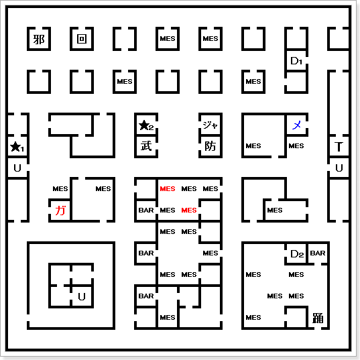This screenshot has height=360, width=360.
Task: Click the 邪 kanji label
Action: click(39, 40)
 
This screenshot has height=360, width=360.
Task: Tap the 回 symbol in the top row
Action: click(82, 39)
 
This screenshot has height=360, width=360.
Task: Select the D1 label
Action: click(296, 61)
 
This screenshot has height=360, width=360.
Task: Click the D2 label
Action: click(297, 253)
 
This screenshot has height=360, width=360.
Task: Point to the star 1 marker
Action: click(17, 147)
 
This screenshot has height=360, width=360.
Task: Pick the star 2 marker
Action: click(146, 125)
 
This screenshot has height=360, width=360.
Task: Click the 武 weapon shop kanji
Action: click(146, 146)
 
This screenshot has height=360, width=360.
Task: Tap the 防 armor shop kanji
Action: click(211, 146)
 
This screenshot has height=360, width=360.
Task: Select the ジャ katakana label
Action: click(210, 125)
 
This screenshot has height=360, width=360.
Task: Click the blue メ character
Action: click(296, 125)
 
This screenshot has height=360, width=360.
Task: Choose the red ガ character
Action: click(60, 211)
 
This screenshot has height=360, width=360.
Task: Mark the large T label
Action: click(339, 146)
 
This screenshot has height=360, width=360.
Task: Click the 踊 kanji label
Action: click(318, 318)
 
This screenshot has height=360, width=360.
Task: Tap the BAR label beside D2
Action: click(318, 253)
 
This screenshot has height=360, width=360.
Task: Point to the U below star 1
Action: click(17, 168)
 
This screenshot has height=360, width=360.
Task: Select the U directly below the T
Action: click(339, 168)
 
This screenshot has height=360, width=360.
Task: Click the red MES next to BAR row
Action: click(189, 210)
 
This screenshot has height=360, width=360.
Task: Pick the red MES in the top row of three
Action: click(168, 189)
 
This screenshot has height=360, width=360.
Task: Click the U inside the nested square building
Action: click(82, 296)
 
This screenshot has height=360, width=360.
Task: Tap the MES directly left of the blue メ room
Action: click(253, 145)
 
